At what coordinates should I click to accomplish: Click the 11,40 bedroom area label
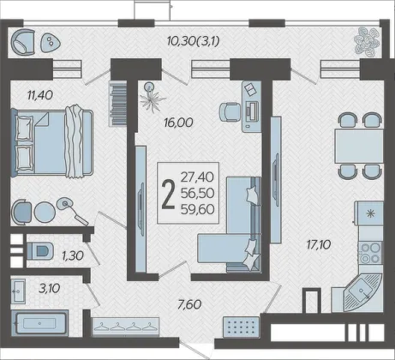40,95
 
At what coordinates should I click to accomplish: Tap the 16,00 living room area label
178,123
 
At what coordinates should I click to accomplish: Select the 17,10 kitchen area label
319,244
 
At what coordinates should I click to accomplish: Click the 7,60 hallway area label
189,304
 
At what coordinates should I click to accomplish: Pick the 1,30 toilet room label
73,255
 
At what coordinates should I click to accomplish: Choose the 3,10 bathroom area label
50,288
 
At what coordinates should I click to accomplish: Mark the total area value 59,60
197,209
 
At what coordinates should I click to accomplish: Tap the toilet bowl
40,251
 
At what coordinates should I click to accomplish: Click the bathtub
39,323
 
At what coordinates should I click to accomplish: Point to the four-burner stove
370,253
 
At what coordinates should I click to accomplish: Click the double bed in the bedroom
52,143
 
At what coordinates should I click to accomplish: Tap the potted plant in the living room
152,97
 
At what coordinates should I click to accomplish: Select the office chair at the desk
230,112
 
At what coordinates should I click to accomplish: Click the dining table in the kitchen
359,146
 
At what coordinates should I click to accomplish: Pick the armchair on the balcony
23,42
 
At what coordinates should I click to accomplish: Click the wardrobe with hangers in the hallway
126,327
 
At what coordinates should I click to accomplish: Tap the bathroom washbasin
18,291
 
